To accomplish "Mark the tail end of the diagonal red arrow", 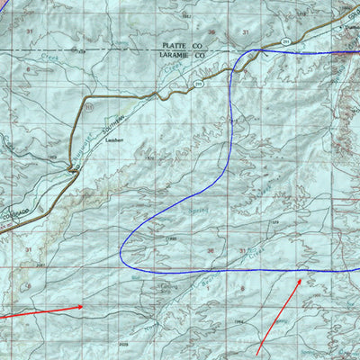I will click(x=257, y=353).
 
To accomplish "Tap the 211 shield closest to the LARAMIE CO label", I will click(x=197, y=84).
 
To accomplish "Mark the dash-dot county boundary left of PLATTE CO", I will click(x=72, y=49).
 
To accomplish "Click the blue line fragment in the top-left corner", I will click(x=4, y=5).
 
